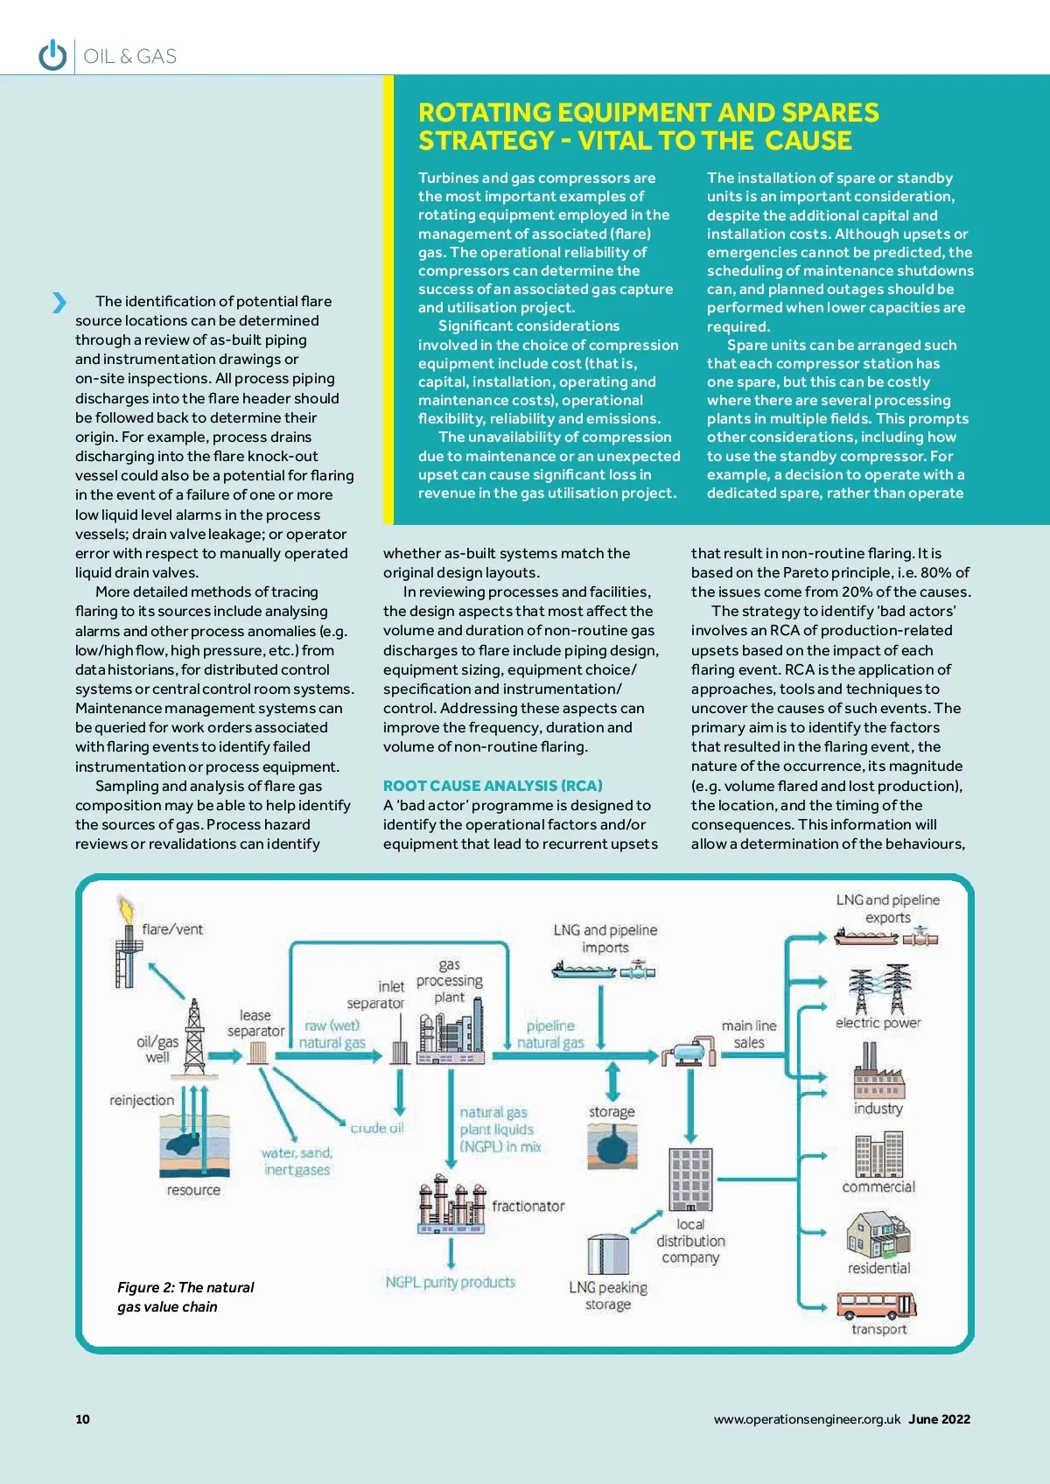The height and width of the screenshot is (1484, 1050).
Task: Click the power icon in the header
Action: click(52, 55)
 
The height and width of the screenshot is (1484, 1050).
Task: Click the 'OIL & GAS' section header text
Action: click(130, 57)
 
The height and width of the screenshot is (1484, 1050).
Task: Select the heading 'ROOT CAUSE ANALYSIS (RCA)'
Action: click(493, 786)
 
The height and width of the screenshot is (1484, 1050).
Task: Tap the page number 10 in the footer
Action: click(82, 1419)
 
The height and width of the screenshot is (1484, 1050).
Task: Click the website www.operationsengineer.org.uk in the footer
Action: click(806, 1419)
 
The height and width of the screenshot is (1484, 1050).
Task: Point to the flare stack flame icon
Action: click(125, 910)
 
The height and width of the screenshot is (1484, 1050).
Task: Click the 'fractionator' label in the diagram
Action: click(528, 1206)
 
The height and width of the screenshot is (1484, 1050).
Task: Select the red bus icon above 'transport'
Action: click(876, 1305)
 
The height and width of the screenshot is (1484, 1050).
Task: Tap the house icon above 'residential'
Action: click(878, 1235)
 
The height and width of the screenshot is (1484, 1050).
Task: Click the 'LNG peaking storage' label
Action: click(608, 1296)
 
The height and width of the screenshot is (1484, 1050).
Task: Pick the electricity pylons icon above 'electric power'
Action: click(878, 989)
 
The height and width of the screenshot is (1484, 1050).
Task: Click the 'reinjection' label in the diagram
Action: click(142, 1100)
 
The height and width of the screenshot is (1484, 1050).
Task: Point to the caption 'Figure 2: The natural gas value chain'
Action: click(185, 1297)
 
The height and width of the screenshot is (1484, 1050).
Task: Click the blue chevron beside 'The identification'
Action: click(59, 302)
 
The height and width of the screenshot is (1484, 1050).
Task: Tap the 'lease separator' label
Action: click(255, 1023)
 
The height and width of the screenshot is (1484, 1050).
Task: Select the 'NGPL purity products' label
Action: click(451, 1282)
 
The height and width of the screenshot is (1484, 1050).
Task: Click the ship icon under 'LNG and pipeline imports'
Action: click(584, 970)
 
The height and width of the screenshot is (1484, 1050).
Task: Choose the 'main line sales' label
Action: click(749, 1033)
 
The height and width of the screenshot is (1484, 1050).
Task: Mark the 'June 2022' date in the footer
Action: click(939, 1419)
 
